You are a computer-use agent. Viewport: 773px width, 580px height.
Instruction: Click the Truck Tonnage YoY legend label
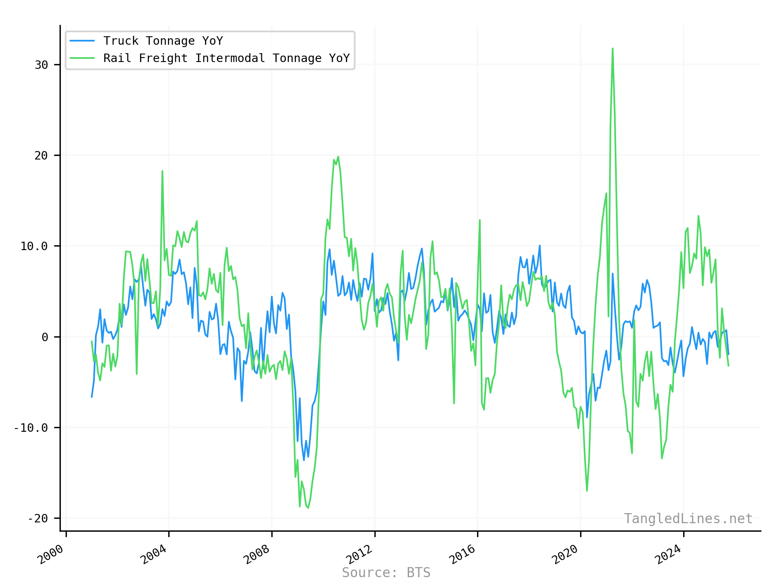pyautogui.click(x=163, y=41)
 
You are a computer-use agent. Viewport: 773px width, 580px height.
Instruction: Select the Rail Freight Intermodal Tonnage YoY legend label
pyautogui.click(x=226, y=58)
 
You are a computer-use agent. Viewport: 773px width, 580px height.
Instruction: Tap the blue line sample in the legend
pyautogui.click(x=82, y=41)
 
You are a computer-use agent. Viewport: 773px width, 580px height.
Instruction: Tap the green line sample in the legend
pyautogui.click(x=82, y=58)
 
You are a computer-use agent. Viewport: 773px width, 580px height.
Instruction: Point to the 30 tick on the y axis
pyautogui.click(x=41, y=65)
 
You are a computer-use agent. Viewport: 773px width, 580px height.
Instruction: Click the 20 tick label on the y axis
pyautogui.click(x=41, y=155)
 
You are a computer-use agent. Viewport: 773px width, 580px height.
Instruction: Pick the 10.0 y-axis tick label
pyautogui.click(x=34, y=246)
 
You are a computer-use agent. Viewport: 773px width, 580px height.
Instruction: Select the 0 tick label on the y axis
pyautogui.click(x=45, y=337)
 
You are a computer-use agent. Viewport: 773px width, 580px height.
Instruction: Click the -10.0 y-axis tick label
pyautogui.click(x=31, y=428)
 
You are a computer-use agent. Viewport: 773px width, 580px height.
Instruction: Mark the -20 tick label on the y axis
pyautogui.click(x=38, y=518)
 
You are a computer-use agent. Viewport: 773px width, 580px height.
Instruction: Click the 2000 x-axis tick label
pyautogui.click(x=51, y=554)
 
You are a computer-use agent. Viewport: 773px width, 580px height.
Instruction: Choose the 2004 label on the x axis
pyautogui.click(x=153, y=554)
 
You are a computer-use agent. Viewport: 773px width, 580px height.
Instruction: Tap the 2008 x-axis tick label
pyautogui.click(x=256, y=554)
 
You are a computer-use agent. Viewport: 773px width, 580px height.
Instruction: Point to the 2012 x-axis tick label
pyautogui.click(x=360, y=554)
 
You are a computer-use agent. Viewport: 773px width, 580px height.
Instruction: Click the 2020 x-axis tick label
pyautogui.click(x=565, y=554)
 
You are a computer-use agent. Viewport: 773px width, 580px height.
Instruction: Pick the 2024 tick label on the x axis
pyautogui.click(x=668, y=554)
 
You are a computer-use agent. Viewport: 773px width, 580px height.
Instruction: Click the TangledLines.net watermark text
pyautogui.click(x=688, y=518)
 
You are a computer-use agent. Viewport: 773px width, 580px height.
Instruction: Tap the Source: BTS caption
pyautogui.click(x=386, y=572)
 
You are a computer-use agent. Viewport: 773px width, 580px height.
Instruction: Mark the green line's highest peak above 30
pyautogui.click(x=612, y=49)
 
